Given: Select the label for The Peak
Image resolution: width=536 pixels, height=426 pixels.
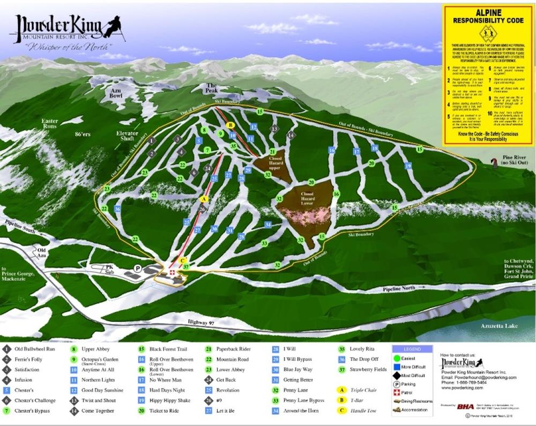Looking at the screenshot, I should (212, 88).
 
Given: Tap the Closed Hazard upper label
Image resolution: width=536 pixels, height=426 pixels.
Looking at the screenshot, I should (269, 161).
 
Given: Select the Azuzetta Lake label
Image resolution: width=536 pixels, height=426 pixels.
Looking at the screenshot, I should (493, 325).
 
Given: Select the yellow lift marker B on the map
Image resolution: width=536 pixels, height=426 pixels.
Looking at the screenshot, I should (230, 125).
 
